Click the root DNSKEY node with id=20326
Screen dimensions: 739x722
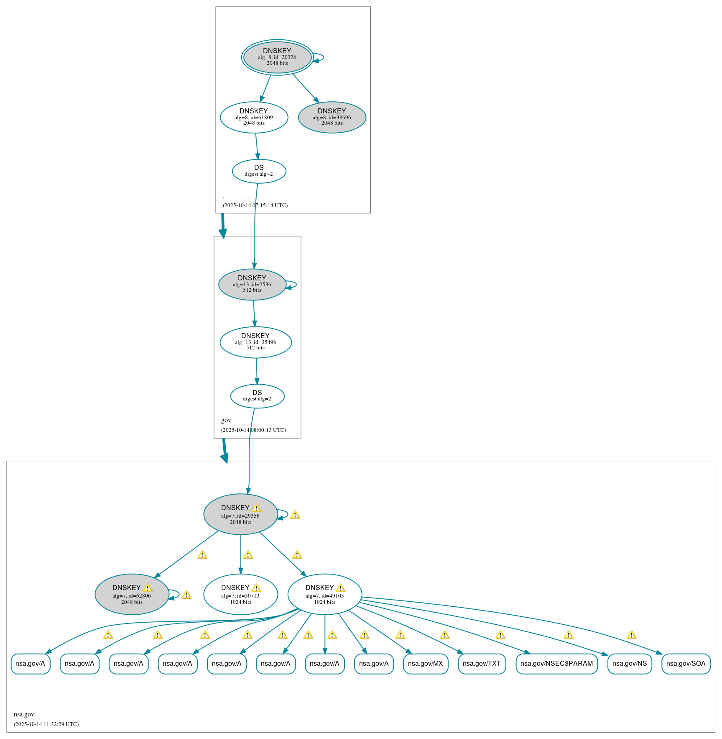(277, 57)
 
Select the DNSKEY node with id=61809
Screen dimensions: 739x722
(254, 117)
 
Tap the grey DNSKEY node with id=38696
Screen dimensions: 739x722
(332, 117)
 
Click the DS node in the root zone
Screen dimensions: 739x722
(259, 171)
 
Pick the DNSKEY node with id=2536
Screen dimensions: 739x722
(252, 284)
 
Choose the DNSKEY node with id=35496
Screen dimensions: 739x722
(255, 342)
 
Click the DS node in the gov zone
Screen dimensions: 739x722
(257, 396)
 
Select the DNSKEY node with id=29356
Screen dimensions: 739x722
(240, 514)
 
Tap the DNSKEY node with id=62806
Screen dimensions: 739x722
(132, 594)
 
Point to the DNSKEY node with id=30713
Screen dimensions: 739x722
(240, 594)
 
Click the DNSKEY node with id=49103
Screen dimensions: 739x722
(324, 594)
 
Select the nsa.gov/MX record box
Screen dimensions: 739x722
(425, 663)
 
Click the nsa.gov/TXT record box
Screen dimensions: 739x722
(482, 663)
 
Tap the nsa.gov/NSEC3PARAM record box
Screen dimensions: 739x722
(556, 663)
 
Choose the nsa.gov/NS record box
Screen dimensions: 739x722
(629, 663)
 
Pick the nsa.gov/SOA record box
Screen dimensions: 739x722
(686, 663)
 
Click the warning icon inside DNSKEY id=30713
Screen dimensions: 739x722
(256, 588)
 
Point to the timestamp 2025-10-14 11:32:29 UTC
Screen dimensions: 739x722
(46, 724)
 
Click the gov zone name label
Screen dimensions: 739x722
(226, 420)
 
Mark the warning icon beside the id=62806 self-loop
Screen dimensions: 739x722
(186, 595)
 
